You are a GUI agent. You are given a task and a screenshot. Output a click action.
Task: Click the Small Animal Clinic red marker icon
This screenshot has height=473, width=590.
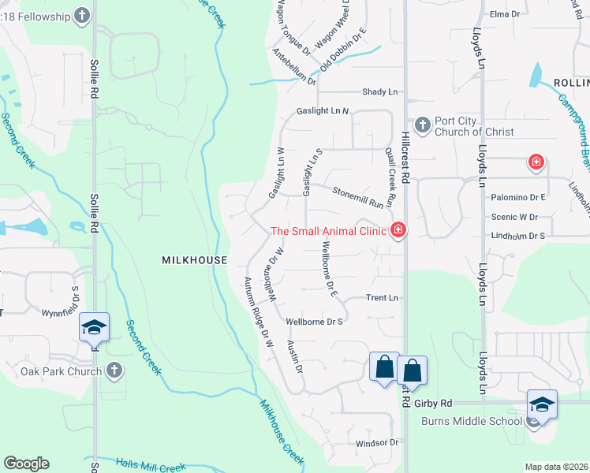tap(399, 230)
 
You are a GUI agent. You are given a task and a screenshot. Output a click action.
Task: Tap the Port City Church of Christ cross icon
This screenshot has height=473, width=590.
tap(422, 124)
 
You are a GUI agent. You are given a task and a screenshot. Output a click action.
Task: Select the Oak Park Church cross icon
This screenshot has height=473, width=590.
tap(114, 371)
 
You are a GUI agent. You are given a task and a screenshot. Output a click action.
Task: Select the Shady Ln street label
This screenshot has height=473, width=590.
tap(380, 92)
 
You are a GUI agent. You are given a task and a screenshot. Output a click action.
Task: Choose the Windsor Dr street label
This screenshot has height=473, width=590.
tap(377, 443)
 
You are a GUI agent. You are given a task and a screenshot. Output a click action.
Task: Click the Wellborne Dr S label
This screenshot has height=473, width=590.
tap(315, 322)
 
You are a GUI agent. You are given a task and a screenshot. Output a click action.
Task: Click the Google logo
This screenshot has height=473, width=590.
tap(26, 464)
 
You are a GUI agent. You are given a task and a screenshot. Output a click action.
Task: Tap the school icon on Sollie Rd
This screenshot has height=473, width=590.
tap(94, 327)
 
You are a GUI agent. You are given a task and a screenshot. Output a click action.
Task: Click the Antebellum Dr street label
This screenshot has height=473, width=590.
tap(294, 68)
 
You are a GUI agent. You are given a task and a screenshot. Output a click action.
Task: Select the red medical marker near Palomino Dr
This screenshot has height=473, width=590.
tap(536, 163)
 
